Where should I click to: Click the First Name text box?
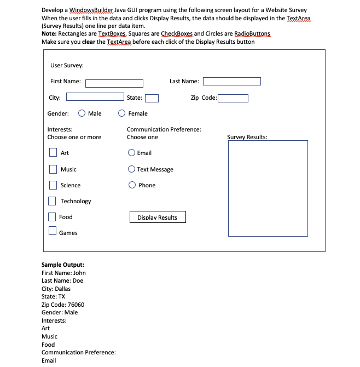[114, 83]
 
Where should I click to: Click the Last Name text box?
[231, 82]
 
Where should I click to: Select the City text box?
[95, 98]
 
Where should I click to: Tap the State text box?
[152, 99]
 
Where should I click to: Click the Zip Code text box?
[233, 99]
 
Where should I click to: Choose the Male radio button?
[82, 113]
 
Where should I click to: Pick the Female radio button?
[122, 113]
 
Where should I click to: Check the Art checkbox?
[53, 152]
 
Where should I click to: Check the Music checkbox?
[53, 169]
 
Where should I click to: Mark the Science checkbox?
[53, 185]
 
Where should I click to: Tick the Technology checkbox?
[53, 200]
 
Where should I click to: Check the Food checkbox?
[53, 216]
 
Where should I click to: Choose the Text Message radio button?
[131, 169]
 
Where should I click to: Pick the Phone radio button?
[132, 185]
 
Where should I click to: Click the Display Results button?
[157, 217]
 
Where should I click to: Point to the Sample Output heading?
[62, 265]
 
